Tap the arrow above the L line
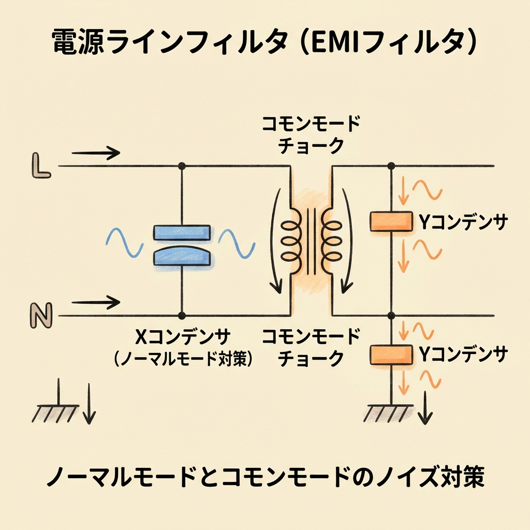click(x=96, y=153)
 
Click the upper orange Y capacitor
click(x=391, y=222)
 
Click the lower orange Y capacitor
click(x=391, y=354)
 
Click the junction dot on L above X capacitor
click(x=182, y=166)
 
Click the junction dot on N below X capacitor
click(x=182, y=315)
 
